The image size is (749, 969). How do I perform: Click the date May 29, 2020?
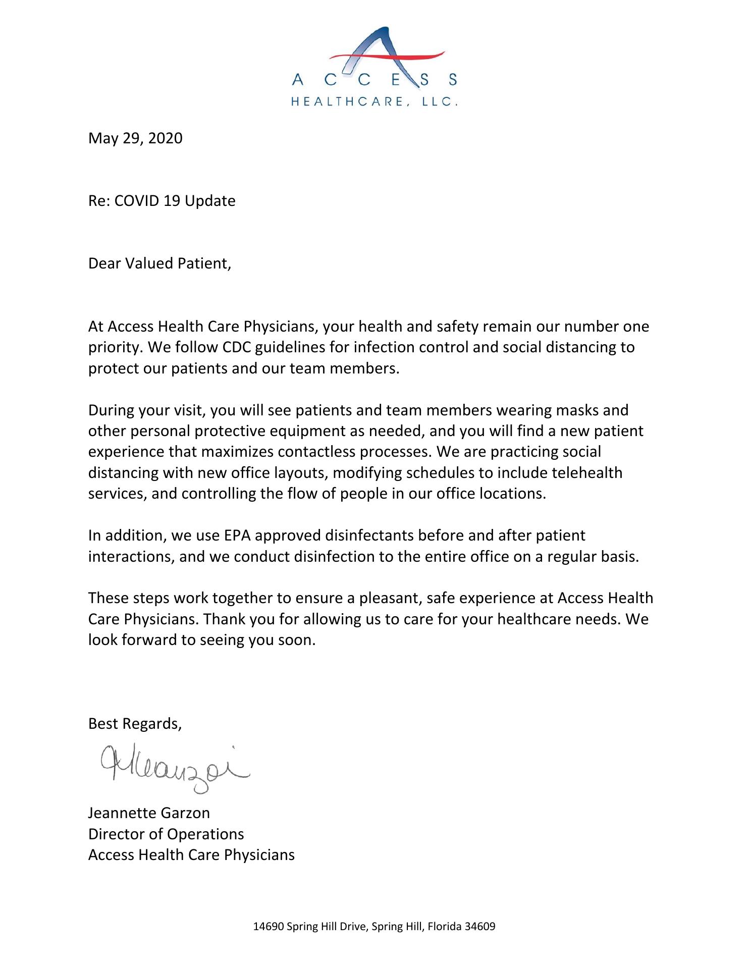pyautogui.click(x=135, y=138)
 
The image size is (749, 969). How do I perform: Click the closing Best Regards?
pyautogui.click(x=134, y=724)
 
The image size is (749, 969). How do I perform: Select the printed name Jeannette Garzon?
pyautogui.click(x=149, y=813)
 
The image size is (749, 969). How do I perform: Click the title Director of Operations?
pyautogui.click(x=166, y=834)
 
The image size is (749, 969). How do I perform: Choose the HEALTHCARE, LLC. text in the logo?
pyautogui.click(x=375, y=101)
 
